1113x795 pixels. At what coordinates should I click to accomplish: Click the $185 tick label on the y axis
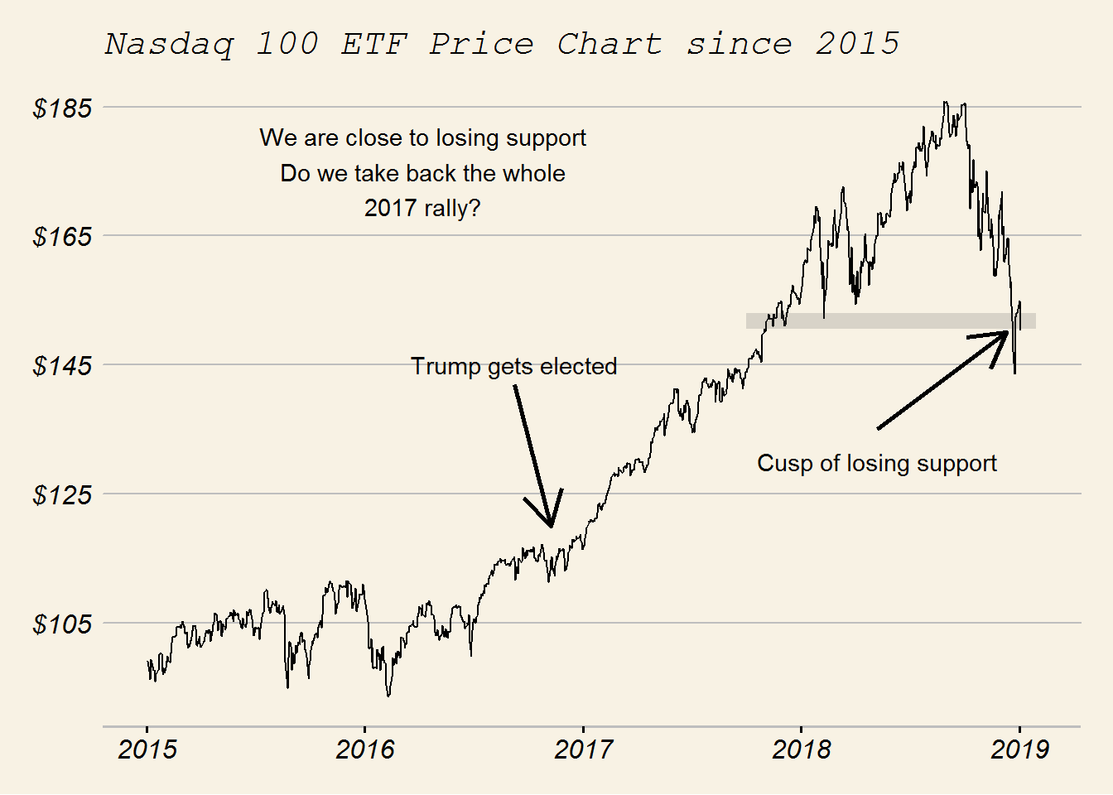(62, 108)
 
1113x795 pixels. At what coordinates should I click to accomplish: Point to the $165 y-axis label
(62, 237)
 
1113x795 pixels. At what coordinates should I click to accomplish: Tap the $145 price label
(62, 366)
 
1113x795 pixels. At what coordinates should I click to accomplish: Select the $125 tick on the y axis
(62, 495)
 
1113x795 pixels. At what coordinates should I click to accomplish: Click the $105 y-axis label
(62, 624)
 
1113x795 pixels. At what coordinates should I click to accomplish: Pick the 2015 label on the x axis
(147, 749)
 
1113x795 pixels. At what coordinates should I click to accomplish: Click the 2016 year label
(365, 749)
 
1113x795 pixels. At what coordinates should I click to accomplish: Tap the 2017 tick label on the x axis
(583, 749)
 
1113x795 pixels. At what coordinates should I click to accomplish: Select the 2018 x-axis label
(801, 749)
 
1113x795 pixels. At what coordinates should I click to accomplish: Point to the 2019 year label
(1019, 749)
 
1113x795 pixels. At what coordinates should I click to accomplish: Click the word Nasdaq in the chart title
(169, 44)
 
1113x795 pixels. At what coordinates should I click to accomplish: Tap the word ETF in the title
(374, 44)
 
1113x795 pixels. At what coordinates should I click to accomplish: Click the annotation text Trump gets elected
(513, 366)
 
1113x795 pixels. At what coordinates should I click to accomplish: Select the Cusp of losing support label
(876, 463)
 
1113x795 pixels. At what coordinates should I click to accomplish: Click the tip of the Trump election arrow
(551, 526)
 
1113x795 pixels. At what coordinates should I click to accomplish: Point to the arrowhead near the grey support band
(1007, 332)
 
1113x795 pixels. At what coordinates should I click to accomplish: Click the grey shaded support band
(890, 321)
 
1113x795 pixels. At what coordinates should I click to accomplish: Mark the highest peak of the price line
(945, 103)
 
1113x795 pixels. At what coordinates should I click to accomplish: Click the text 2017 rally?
(422, 208)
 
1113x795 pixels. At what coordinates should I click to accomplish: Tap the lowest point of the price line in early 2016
(388, 696)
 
